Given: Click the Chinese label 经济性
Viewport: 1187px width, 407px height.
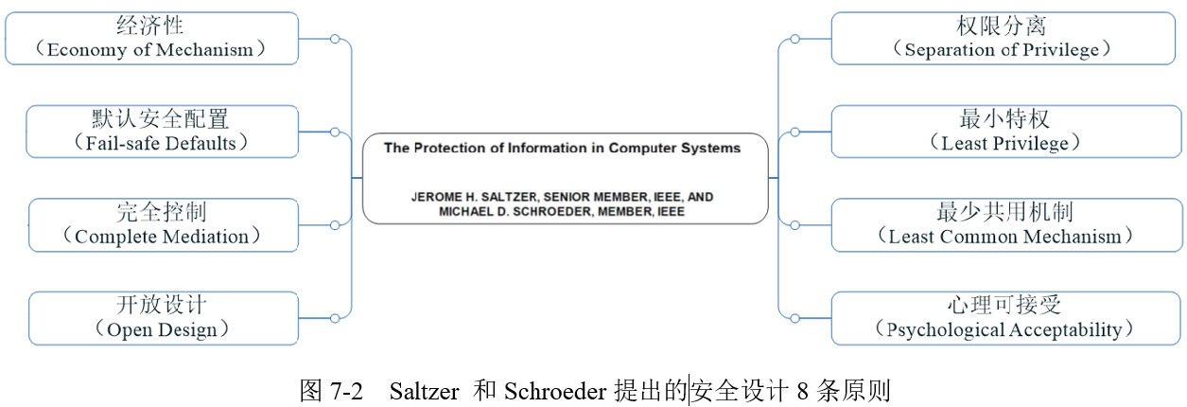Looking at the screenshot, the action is [151, 26].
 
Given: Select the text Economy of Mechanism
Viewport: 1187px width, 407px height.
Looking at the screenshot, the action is [150, 50].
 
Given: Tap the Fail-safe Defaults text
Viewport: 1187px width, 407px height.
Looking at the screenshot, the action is [161, 144].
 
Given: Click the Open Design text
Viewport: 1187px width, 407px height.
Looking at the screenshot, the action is [162, 329].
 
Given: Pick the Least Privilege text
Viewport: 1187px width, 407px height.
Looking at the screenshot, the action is [1004, 144].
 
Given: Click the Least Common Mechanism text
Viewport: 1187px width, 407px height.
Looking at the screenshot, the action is [1004, 237].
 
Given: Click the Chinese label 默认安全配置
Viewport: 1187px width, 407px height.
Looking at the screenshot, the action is [161, 118].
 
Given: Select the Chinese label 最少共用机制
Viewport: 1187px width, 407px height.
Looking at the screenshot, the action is [1004, 211].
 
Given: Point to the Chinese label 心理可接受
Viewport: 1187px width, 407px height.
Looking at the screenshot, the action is [1004, 304].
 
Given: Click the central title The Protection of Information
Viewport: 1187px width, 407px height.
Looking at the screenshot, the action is [562, 149].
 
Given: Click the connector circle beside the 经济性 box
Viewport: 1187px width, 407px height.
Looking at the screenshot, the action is [334, 39].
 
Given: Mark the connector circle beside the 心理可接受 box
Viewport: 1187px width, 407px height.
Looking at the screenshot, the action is [795, 318].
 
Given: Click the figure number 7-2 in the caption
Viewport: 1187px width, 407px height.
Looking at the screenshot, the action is [347, 391].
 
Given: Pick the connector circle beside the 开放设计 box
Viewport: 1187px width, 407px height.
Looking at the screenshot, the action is [334, 318].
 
